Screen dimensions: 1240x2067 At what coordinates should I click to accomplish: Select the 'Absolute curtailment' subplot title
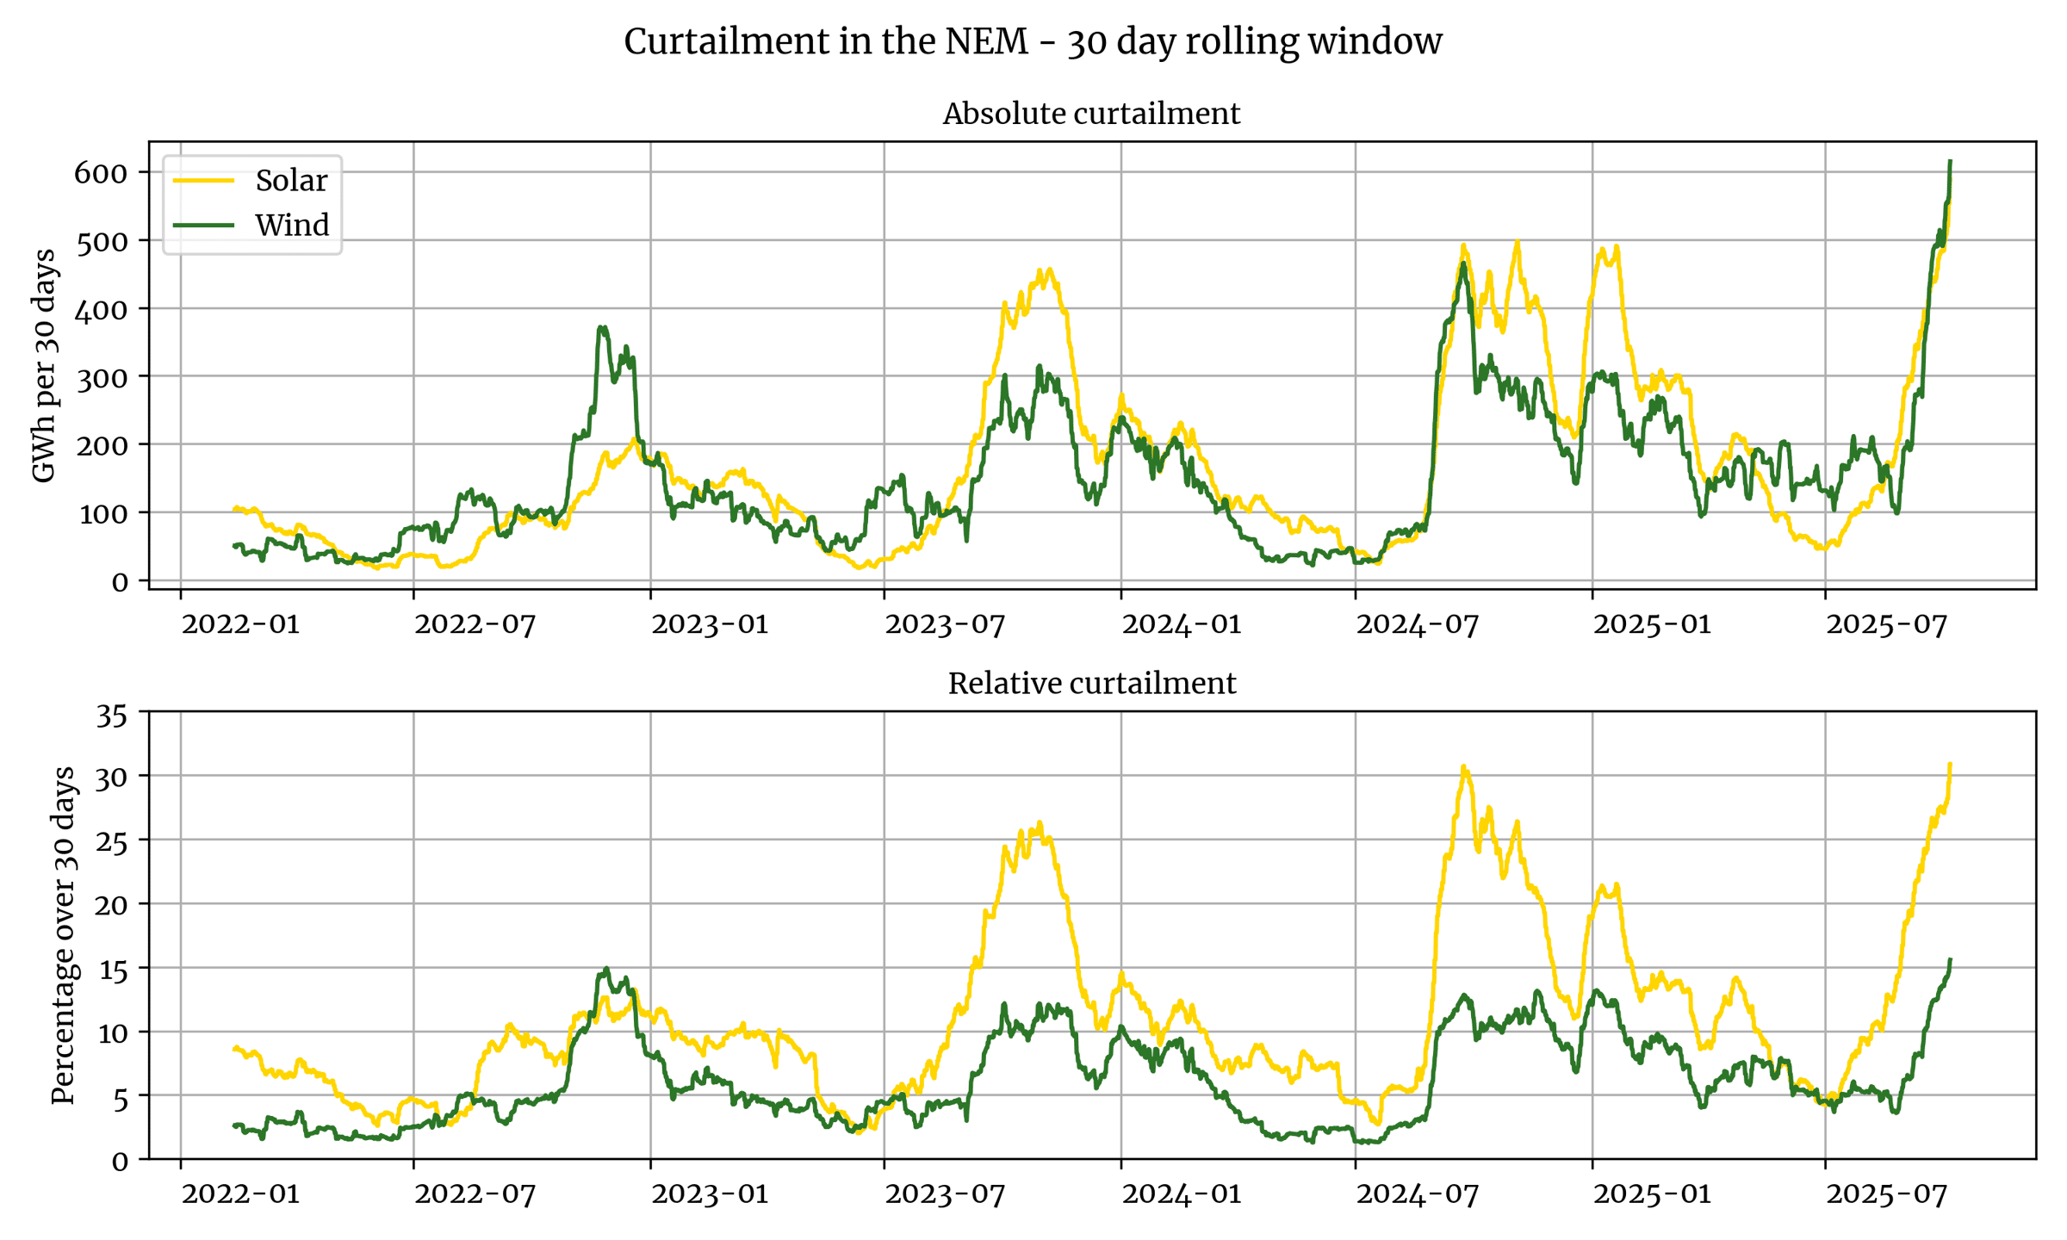point(1091,114)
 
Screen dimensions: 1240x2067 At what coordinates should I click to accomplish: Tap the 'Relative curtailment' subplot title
point(1091,684)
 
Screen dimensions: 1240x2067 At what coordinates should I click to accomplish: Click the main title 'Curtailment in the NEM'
point(1033,41)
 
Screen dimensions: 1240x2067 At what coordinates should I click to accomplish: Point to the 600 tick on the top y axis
point(101,173)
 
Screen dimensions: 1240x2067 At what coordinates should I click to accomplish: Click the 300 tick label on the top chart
point(101,377)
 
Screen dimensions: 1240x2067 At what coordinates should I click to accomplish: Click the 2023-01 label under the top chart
point(710,624)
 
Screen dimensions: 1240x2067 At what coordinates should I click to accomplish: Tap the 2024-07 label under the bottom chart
point(1417,1194)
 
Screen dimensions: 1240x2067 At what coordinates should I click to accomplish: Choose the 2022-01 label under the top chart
point(240,624)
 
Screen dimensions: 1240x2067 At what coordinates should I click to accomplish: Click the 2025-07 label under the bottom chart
point(1886,1194)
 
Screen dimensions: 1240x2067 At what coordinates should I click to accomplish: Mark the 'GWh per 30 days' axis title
point(43,365)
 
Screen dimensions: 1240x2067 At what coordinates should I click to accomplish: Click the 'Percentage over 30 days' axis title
point(64,935)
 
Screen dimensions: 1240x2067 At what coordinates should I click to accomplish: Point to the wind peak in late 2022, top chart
point(603,327)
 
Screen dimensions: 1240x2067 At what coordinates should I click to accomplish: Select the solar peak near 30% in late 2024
point(1464,766)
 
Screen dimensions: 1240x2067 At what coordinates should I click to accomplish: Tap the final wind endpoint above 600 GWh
point(1950,161)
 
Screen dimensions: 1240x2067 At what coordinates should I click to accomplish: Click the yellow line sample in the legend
point(203,181)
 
